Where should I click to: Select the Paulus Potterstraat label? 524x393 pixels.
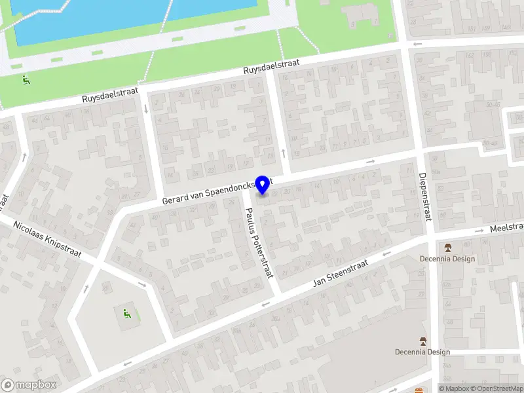click(x=258, y=242)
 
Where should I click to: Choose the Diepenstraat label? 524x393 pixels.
click(x=424, y=196)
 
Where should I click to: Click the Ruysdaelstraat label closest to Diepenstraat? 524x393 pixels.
click(x=271, y=67)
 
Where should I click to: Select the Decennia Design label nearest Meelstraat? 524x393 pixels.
click(x=447, y=258)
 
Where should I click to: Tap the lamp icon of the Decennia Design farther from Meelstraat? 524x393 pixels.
click(x=423, y=341)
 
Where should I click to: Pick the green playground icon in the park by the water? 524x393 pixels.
click(x=26, y=81)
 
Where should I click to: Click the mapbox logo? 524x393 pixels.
click(x=29, y=385)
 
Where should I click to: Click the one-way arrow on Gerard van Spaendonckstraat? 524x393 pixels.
click(x=371, y=161)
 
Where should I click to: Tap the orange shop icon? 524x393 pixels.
click(x=419, y=390)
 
